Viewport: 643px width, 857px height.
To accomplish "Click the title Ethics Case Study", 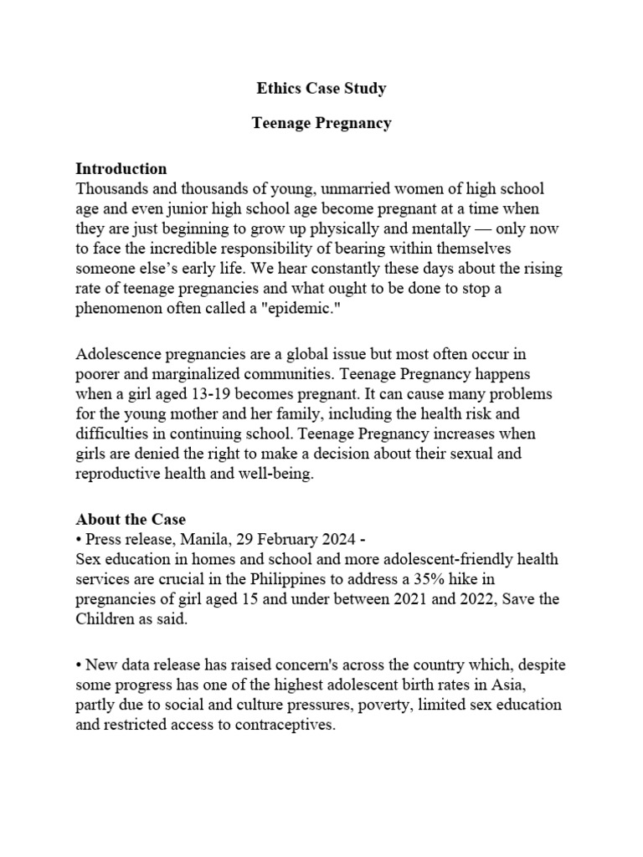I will click(321, 87).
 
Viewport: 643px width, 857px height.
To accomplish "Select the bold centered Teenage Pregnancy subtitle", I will click(321, 123).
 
